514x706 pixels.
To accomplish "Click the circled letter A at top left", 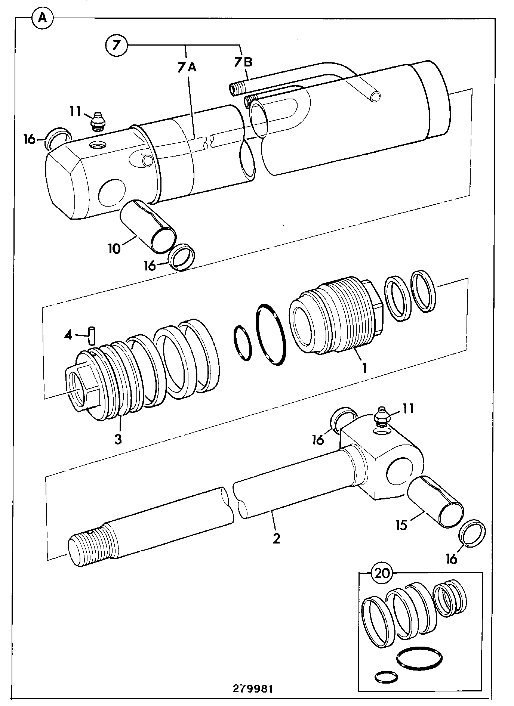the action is [x=43, y=18].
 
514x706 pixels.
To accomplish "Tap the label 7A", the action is [x=187, y=67].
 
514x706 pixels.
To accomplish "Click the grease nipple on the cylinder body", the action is [x=98, y=121].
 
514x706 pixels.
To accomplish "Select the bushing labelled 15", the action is [x=435, y=502].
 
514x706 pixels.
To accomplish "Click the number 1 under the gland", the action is [x=363, y=368].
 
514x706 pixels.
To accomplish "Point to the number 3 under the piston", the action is [x=118, y=439].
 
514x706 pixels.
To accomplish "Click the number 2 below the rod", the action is [x=276, y=538].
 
